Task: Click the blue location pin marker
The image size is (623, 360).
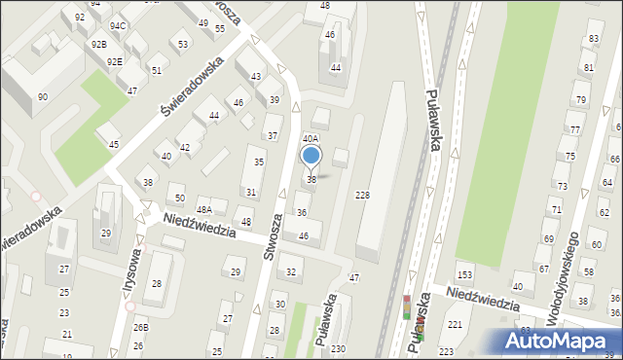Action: point(311,156)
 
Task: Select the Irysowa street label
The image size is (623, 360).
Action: point(121,283)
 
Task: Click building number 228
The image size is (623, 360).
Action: point(362,196)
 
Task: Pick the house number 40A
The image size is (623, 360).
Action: point(310,139)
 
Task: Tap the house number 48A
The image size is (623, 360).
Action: point(204,209)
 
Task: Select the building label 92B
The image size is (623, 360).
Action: point(98,44)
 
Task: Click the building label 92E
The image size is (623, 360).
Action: point(115,61)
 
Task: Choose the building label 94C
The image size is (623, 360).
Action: point(118,25)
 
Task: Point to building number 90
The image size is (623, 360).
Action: point(43,96)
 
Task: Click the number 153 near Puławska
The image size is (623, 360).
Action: point(465,276)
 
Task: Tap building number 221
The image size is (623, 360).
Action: point(455,324)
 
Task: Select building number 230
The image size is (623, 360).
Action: point(338,348)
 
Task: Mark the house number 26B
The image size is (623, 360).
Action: point(141,327)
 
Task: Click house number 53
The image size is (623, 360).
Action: point(183,44)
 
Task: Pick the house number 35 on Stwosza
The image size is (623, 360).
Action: point(258,162)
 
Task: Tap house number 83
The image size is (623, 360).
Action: point(593,38)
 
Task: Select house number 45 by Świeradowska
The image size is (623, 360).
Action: point(114,145)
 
